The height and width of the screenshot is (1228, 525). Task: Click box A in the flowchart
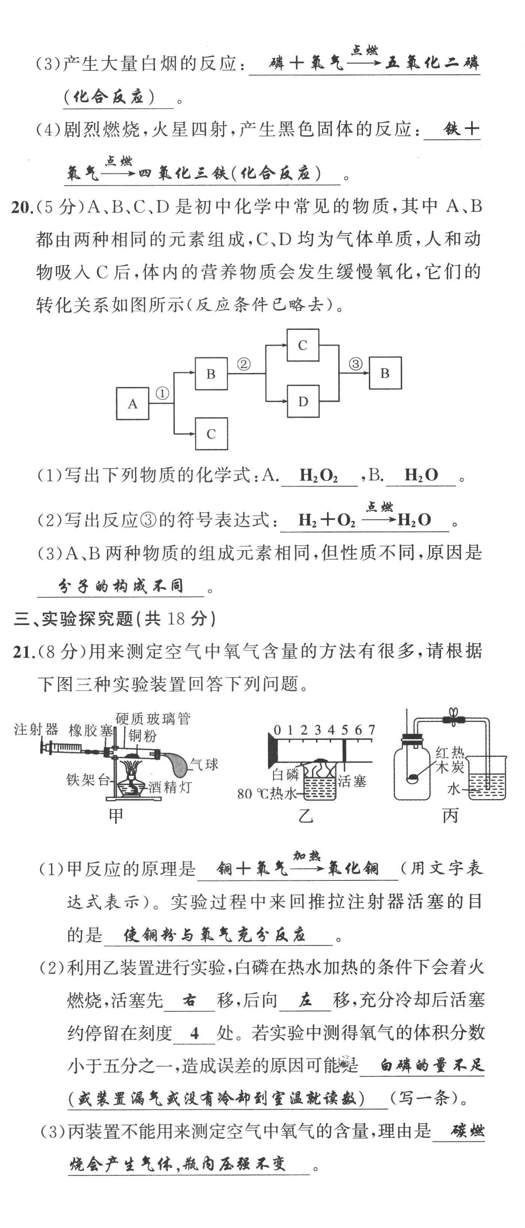coord(133,403)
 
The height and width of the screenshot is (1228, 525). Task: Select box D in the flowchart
coord(303,401)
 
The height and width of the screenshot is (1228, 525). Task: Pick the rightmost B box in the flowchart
coord(385,373)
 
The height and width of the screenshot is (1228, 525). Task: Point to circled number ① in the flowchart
coord(162,393)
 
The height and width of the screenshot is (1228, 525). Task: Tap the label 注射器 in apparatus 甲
coord(36,730)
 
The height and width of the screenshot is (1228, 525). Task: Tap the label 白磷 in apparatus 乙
coord(285,774)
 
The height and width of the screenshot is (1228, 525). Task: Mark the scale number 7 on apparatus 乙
coord(371,730)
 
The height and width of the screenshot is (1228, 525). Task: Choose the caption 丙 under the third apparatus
coord(450,815)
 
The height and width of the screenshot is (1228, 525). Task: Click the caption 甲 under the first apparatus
coord(116,815)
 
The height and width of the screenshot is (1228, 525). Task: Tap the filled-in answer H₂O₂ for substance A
coord(319,475)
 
